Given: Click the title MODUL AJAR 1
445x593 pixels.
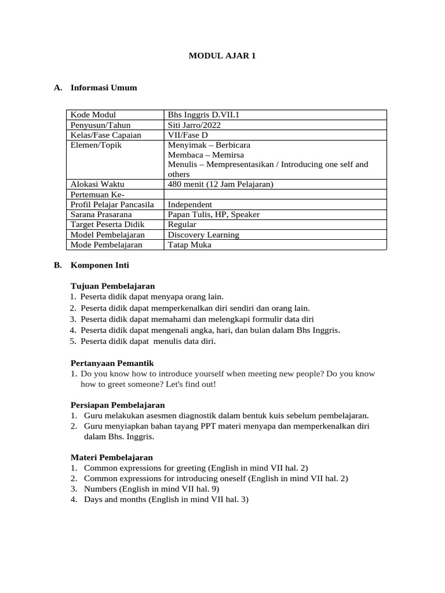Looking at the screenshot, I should coord(222,56).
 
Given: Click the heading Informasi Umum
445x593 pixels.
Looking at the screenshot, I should coord(104,88).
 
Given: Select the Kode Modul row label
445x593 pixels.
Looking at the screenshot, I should coord(93,115).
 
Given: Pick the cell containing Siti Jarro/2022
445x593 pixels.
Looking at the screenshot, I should coord(194,125).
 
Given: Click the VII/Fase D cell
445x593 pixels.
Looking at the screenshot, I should coord(187,135).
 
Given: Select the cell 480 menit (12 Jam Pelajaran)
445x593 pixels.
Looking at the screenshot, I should coord(220,184).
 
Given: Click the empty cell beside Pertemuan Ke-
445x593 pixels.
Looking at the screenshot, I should coord(275,195).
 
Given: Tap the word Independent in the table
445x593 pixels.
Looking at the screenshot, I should coord(189,204).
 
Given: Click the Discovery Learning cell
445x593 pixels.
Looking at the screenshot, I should coord(203,235).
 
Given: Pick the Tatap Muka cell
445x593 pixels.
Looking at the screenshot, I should coord(189,245).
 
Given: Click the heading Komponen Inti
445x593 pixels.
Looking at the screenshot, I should coord(100,265).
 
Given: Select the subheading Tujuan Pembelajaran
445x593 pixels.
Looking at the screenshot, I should coord(112,286).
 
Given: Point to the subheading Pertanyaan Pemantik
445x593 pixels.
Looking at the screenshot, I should coord(112,363).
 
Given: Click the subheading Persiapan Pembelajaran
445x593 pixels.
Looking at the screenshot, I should coord(117,405).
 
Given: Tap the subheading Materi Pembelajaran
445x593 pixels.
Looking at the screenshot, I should coord(111,457).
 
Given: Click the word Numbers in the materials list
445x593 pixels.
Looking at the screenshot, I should coord(100,489).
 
